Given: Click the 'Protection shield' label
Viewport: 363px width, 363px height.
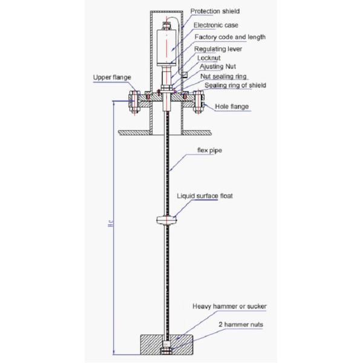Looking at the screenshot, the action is (x=215, y=11).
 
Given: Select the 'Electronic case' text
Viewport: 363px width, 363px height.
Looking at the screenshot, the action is (x=216, y=25).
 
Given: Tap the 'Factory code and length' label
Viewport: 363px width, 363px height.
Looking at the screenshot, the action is (x=230, y=37).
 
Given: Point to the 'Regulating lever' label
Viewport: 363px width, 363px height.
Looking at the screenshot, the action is (x=218, y=49).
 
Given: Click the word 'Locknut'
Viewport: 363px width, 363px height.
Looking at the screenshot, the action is (x=209, y=58).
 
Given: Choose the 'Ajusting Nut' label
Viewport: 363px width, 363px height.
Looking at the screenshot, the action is (x=218, y=67).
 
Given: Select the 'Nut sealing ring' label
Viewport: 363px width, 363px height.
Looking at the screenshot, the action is (x=223, y=76).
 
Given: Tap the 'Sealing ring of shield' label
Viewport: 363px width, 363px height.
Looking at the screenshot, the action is (x=235, y=85).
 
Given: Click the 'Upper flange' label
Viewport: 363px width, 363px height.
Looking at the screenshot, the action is (x=112, y=77).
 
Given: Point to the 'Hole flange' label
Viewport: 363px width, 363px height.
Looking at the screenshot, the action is (x=232, y=106).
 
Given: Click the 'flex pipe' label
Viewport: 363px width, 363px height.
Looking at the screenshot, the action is (x=209, y=151).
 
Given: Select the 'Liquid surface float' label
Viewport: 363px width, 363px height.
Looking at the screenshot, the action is (x=204, y=196).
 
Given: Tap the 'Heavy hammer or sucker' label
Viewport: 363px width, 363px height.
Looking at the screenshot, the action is (x=229, y=306).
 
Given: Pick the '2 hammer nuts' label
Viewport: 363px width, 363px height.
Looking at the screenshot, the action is (x=241, y=324).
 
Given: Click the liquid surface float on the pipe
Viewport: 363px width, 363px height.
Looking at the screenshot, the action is (x=167, y=220).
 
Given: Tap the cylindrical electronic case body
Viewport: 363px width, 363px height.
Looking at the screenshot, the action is (x=166, y=48).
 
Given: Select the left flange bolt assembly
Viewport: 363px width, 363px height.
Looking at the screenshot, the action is (x=134, y=102).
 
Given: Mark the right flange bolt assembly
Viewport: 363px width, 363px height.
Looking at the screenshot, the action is (x=198, y=102).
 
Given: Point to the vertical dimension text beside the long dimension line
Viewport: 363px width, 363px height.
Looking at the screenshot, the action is (x=111, y=223).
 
